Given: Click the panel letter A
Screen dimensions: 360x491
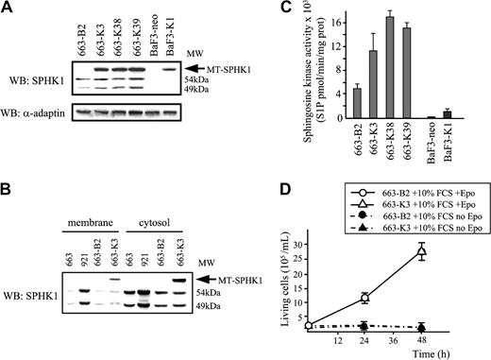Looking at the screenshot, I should pos(8,9).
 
